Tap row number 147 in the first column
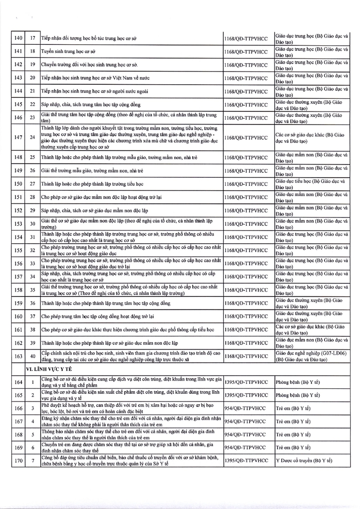coord(19,137)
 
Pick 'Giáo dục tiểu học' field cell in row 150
coord(311,184)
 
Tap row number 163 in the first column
coord(19,356)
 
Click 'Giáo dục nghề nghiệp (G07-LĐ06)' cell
coord(311,356)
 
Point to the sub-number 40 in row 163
coord(33,356)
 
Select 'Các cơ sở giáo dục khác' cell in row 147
coord(311,137)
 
